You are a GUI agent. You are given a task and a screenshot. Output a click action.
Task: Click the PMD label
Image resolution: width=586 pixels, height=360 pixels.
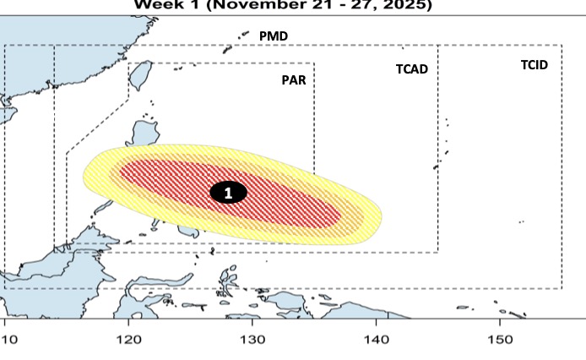(x=274, y=36)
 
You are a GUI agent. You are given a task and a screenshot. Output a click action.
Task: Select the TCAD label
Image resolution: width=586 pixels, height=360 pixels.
(x=412, y=69)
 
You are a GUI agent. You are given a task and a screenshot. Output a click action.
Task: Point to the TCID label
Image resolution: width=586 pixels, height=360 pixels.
(x=534, y=64)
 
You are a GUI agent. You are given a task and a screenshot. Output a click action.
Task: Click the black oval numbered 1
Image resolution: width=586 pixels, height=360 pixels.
(x=228, y=193)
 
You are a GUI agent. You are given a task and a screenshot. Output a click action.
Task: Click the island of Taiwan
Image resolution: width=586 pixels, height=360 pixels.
(x=140, y=76)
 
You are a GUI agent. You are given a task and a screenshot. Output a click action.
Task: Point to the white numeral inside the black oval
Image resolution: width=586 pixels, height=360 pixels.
(x=228, y=193)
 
